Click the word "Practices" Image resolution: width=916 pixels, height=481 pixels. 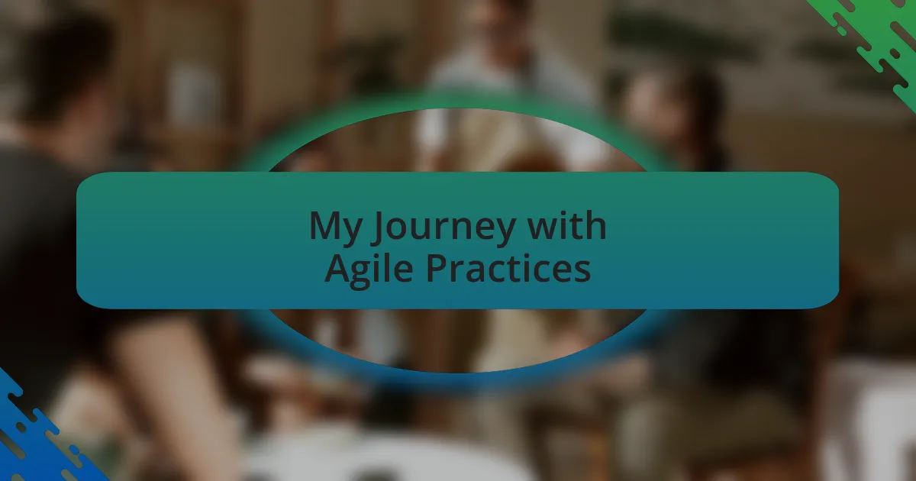click(508, 267)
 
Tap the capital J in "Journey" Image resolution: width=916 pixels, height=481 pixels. click(378, 228)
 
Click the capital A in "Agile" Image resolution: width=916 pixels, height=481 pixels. click(340, 267)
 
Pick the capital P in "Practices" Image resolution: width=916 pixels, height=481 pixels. click(437, 267)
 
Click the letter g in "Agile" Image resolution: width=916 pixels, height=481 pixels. click(368, 274)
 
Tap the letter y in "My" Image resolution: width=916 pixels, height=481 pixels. click(352, 233)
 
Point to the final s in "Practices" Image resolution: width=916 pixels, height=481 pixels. click(582, 271)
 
